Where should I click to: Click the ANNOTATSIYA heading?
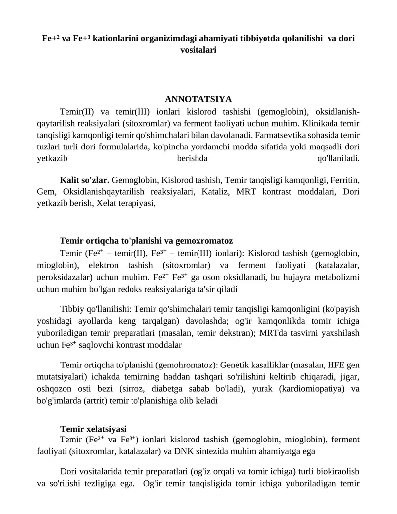[198, 99]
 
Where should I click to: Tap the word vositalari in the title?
[198, 50]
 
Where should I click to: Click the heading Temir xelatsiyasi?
[93, 428]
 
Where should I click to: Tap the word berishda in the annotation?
[192, 158]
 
